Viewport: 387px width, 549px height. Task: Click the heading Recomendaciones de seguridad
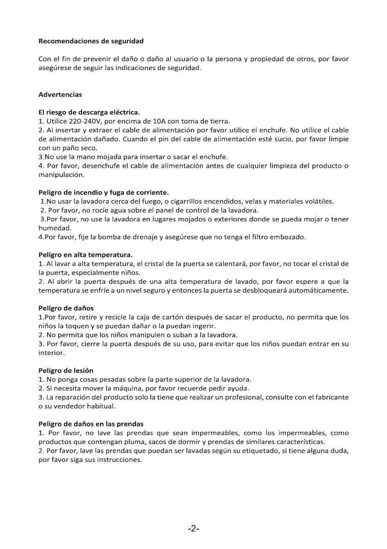[x=91, y=41]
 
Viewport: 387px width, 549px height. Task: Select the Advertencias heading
[x=60, y=94]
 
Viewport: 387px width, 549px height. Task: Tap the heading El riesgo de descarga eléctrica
[x=89, y=112]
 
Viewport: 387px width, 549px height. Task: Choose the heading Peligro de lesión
[x=65, y=371]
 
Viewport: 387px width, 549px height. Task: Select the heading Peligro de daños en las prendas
[x=91, y=424]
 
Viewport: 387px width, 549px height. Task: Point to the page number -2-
[x=194, y=529]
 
